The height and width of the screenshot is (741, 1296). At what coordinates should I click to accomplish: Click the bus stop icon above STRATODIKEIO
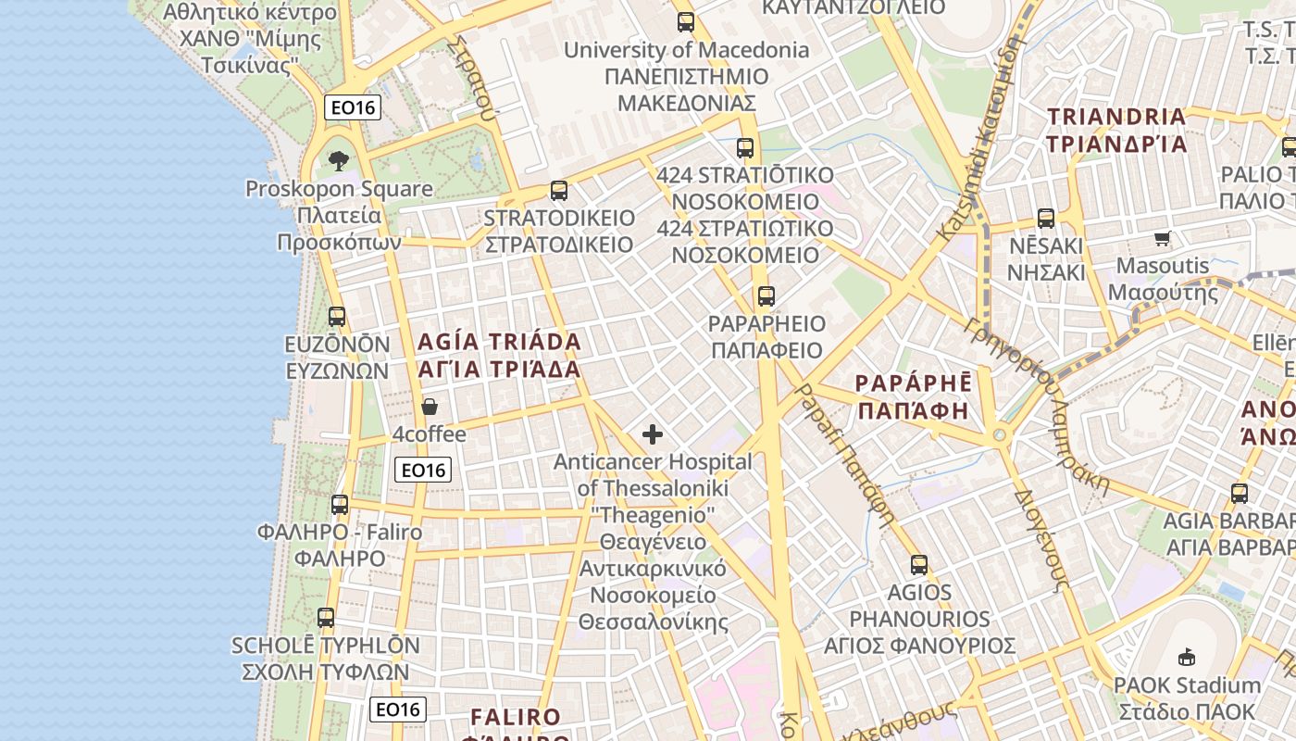[x=558, y=191]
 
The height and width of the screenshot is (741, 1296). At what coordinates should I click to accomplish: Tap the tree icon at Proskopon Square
[x=338, y=160]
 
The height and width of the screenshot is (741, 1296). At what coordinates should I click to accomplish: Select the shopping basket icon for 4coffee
[x=430, y=407]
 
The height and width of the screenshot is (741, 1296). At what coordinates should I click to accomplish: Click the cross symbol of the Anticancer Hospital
[x=653, y=433]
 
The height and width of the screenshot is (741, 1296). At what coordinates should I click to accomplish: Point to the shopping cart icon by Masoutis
[x=1163, y=238]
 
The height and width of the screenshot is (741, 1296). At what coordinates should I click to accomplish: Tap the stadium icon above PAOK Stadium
[x=1186, y=658]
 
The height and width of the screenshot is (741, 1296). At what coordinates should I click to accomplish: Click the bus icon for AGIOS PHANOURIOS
[x=918, y=564]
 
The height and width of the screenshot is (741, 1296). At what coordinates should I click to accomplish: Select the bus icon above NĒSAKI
[x=1046, y=219]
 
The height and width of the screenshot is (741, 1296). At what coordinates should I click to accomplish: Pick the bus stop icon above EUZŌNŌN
[x=337, y=317]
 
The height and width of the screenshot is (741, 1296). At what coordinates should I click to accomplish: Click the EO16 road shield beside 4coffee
[x=423, y=470]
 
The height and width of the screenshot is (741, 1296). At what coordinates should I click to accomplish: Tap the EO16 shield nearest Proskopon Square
[x=354, y=107]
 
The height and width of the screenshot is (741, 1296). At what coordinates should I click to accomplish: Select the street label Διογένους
[x=1041, y=537]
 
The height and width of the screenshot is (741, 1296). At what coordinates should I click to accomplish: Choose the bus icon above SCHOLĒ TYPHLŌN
[x=325, y=617]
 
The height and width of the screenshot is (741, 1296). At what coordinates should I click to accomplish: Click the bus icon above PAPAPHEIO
[x=766, y=296]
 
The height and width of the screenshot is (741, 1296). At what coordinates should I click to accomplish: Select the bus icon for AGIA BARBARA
[x=1240, y=494]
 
